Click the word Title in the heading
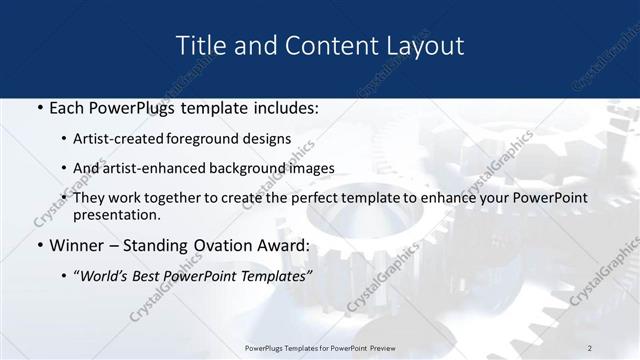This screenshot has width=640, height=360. [198, 46]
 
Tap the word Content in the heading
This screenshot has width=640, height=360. [319, 46]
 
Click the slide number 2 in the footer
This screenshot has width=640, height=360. [590, 346]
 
